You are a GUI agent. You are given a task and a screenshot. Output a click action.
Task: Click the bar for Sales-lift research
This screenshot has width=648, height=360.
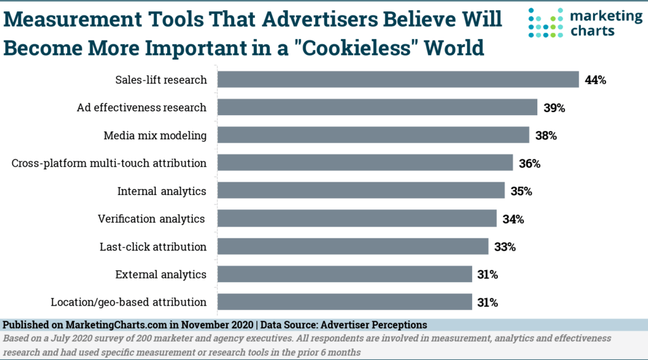[x=398, y=79]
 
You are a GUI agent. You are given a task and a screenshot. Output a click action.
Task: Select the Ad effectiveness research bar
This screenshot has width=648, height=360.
[x=377, y=107]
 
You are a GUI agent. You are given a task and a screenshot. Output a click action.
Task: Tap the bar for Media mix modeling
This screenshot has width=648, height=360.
[x=373, y=135]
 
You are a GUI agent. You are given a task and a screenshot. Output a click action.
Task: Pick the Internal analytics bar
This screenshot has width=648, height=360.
[x=361, y=190]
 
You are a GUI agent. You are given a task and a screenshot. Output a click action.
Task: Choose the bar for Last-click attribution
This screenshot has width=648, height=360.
[x=352, y=246]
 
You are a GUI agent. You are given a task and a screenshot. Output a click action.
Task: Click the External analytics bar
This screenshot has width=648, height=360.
[x=345, y=274]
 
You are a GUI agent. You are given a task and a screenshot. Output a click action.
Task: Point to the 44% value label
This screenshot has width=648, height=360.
[x=595, y=80]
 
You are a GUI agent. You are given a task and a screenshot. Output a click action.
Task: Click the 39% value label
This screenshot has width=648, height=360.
[x=554, y=108]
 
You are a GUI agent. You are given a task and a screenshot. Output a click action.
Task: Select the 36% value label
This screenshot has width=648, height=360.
[x=529, y=164]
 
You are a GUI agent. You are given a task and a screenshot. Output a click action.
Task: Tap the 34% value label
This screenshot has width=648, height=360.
[x=513, y=220]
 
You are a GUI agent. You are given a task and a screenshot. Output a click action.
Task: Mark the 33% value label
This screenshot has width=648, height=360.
[x=504, y=247]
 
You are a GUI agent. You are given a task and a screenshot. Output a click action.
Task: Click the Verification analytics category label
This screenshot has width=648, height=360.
[x=152, y=219]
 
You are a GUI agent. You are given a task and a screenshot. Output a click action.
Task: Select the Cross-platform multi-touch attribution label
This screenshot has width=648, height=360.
[x=109, y=163]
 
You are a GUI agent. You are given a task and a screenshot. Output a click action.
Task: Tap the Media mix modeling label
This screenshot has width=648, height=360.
[x=155, y=135]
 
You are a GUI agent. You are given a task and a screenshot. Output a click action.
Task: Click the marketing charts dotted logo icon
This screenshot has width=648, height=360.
[x=545, y=23]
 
